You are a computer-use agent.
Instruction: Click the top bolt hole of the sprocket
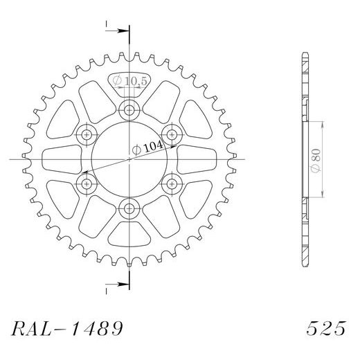point(129,109)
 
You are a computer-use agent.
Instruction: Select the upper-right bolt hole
point(171,133)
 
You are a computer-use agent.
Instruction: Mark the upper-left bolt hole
point(87,133)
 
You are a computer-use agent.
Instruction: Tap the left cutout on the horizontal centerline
point(60,159)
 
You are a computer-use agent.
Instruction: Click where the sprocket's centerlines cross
point(129,159)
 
